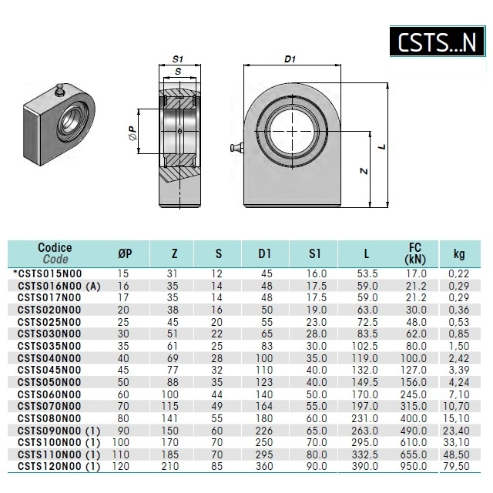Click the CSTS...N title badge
pyautogui.click(x=438, y=42)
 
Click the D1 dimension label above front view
pyautogui.click(x=290, y=59)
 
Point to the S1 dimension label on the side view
pyautogui.click(x=178, y=59)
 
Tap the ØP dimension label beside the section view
pyautogui.click(x=133, y=132)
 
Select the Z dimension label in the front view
pyautogui.click(x=364, y=171)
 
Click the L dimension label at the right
pyautogui.click(x=382, y=146)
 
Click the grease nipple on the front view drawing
pyautogui.click(x=236, y=147)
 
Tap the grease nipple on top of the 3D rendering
pyautogui.click(x=60, y=89)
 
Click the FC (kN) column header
pyautogui.click(x=414, y=253)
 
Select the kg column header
pyautogui.click(x=459, y=253)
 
